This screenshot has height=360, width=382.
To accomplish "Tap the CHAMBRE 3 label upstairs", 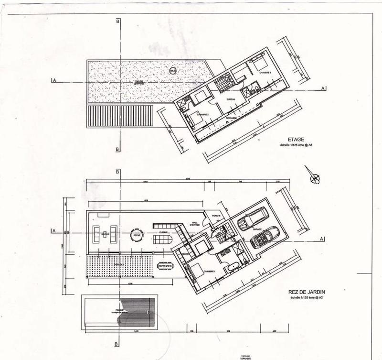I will coord(265,73).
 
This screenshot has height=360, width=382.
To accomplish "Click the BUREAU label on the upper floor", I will coord(231,99).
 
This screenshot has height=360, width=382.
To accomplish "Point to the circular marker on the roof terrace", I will coord(173,71).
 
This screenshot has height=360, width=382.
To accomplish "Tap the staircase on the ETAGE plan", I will coord(222,84).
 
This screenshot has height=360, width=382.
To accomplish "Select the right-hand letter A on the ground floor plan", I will coord(323,239).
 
